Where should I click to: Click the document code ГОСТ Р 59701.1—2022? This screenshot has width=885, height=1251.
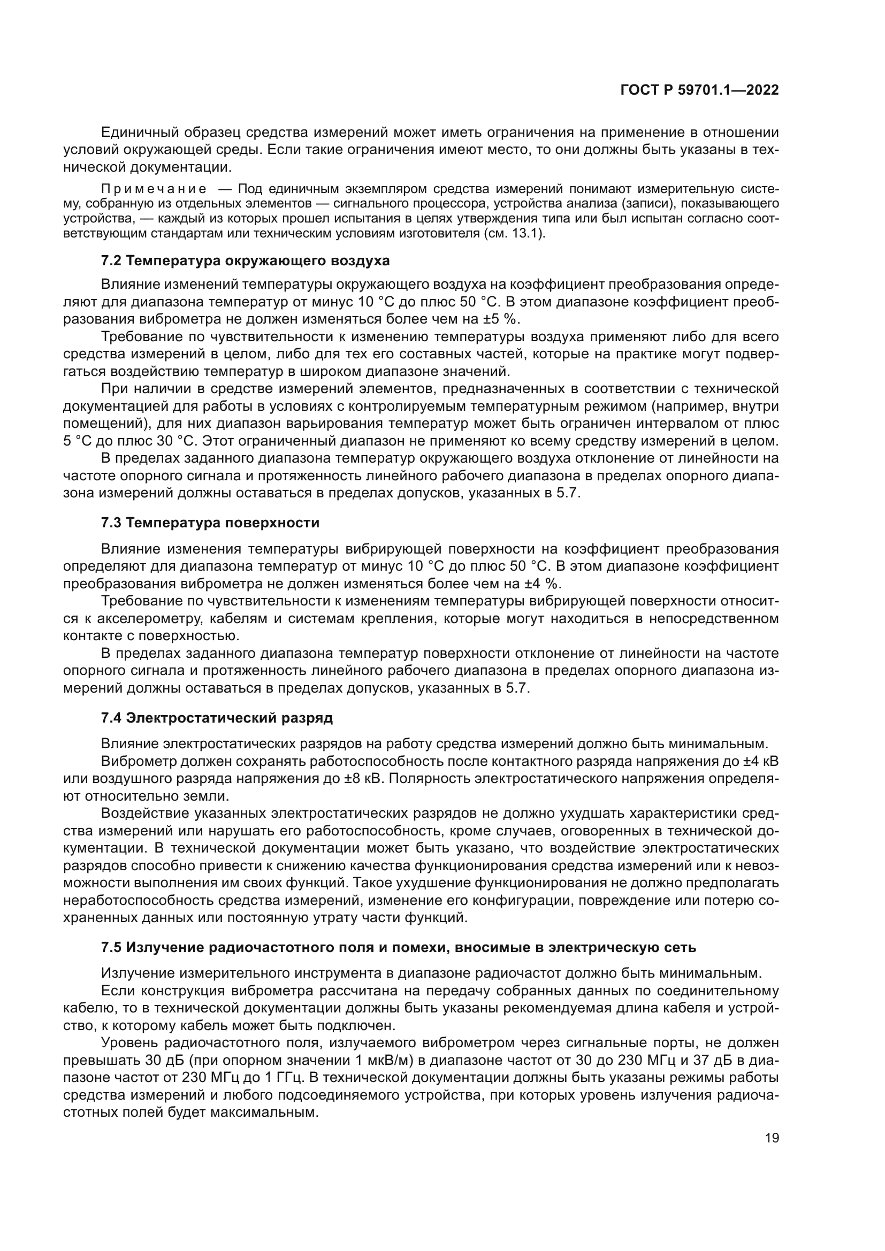tap(699, 90)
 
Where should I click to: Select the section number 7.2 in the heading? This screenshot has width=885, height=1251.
tap(112, 260)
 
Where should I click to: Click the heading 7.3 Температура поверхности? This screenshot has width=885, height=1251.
tap(210, 523)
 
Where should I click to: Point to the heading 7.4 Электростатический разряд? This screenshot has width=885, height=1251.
tap(217, 718)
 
